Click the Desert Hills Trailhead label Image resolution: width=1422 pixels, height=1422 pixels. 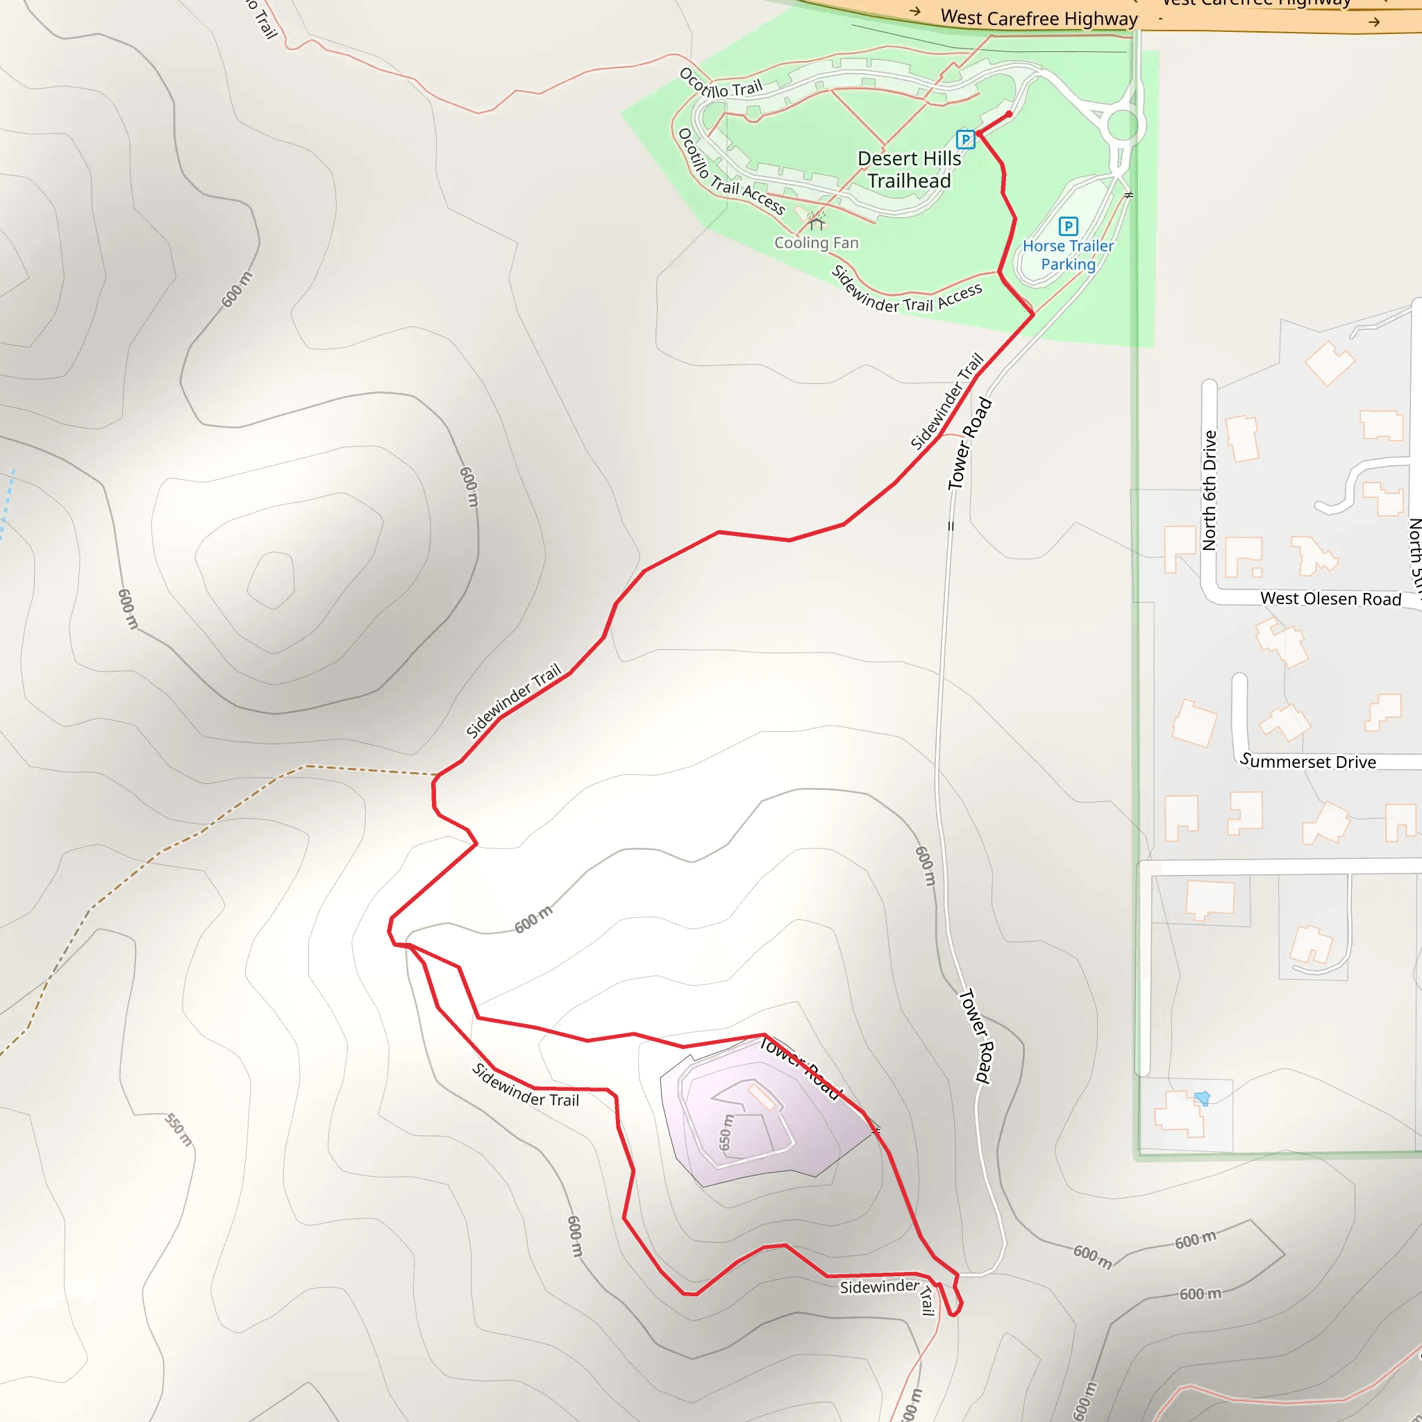coord(909,170)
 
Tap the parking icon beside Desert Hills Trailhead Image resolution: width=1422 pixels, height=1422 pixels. coord(965,139)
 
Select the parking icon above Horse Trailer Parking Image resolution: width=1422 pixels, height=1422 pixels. coord(1068,226)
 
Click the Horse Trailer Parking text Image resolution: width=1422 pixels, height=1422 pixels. coord(1068,255)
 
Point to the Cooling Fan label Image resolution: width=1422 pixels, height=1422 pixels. coord(817,243)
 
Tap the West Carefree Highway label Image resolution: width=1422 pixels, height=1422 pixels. coord(1039,17)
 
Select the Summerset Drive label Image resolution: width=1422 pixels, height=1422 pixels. coord(1308,762)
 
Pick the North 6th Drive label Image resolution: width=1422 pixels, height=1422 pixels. coord(1209,491)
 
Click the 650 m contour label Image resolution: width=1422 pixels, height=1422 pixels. coord(726,1132)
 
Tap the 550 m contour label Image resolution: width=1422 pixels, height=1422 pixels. coord(178,1130)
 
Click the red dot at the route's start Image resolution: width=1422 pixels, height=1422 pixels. coord(1008,114)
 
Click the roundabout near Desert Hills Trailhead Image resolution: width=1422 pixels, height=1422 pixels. coord(1123,125)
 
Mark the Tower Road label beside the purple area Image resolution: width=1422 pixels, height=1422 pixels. coord(799,1068)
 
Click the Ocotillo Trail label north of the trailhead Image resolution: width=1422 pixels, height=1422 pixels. coord(721,84)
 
